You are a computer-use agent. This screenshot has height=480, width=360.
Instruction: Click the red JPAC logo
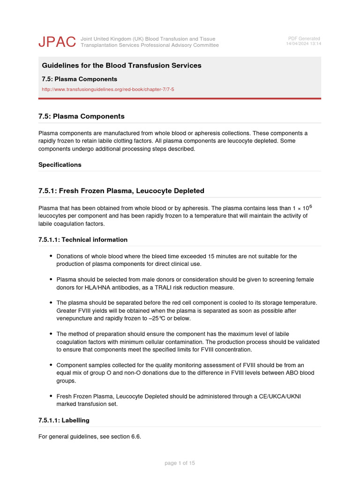pos(57,42)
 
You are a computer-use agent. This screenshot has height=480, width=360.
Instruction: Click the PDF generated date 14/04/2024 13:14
pos(303,44)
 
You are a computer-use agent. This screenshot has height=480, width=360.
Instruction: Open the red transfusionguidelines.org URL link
pos(108,89)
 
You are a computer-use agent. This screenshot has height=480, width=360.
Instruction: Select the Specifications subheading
pos(60,165)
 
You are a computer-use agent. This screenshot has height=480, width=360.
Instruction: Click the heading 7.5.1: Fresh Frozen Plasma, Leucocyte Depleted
pos(121,191)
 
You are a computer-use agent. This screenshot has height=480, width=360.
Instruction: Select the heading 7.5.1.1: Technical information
pos(83,240)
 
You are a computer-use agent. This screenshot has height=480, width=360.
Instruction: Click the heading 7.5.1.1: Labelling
pos(64,420)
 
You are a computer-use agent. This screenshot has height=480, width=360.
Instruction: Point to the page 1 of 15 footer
pos(180,463)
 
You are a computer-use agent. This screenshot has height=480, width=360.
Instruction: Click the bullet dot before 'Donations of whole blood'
pos(51,256)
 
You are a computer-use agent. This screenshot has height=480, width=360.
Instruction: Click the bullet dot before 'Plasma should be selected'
pos(51,279)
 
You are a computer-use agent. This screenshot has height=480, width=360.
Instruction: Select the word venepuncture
pos(75,319)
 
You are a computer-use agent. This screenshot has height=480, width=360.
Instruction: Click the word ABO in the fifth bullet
pos(291,373)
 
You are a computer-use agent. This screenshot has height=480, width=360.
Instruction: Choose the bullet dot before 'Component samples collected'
pos(51,365)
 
